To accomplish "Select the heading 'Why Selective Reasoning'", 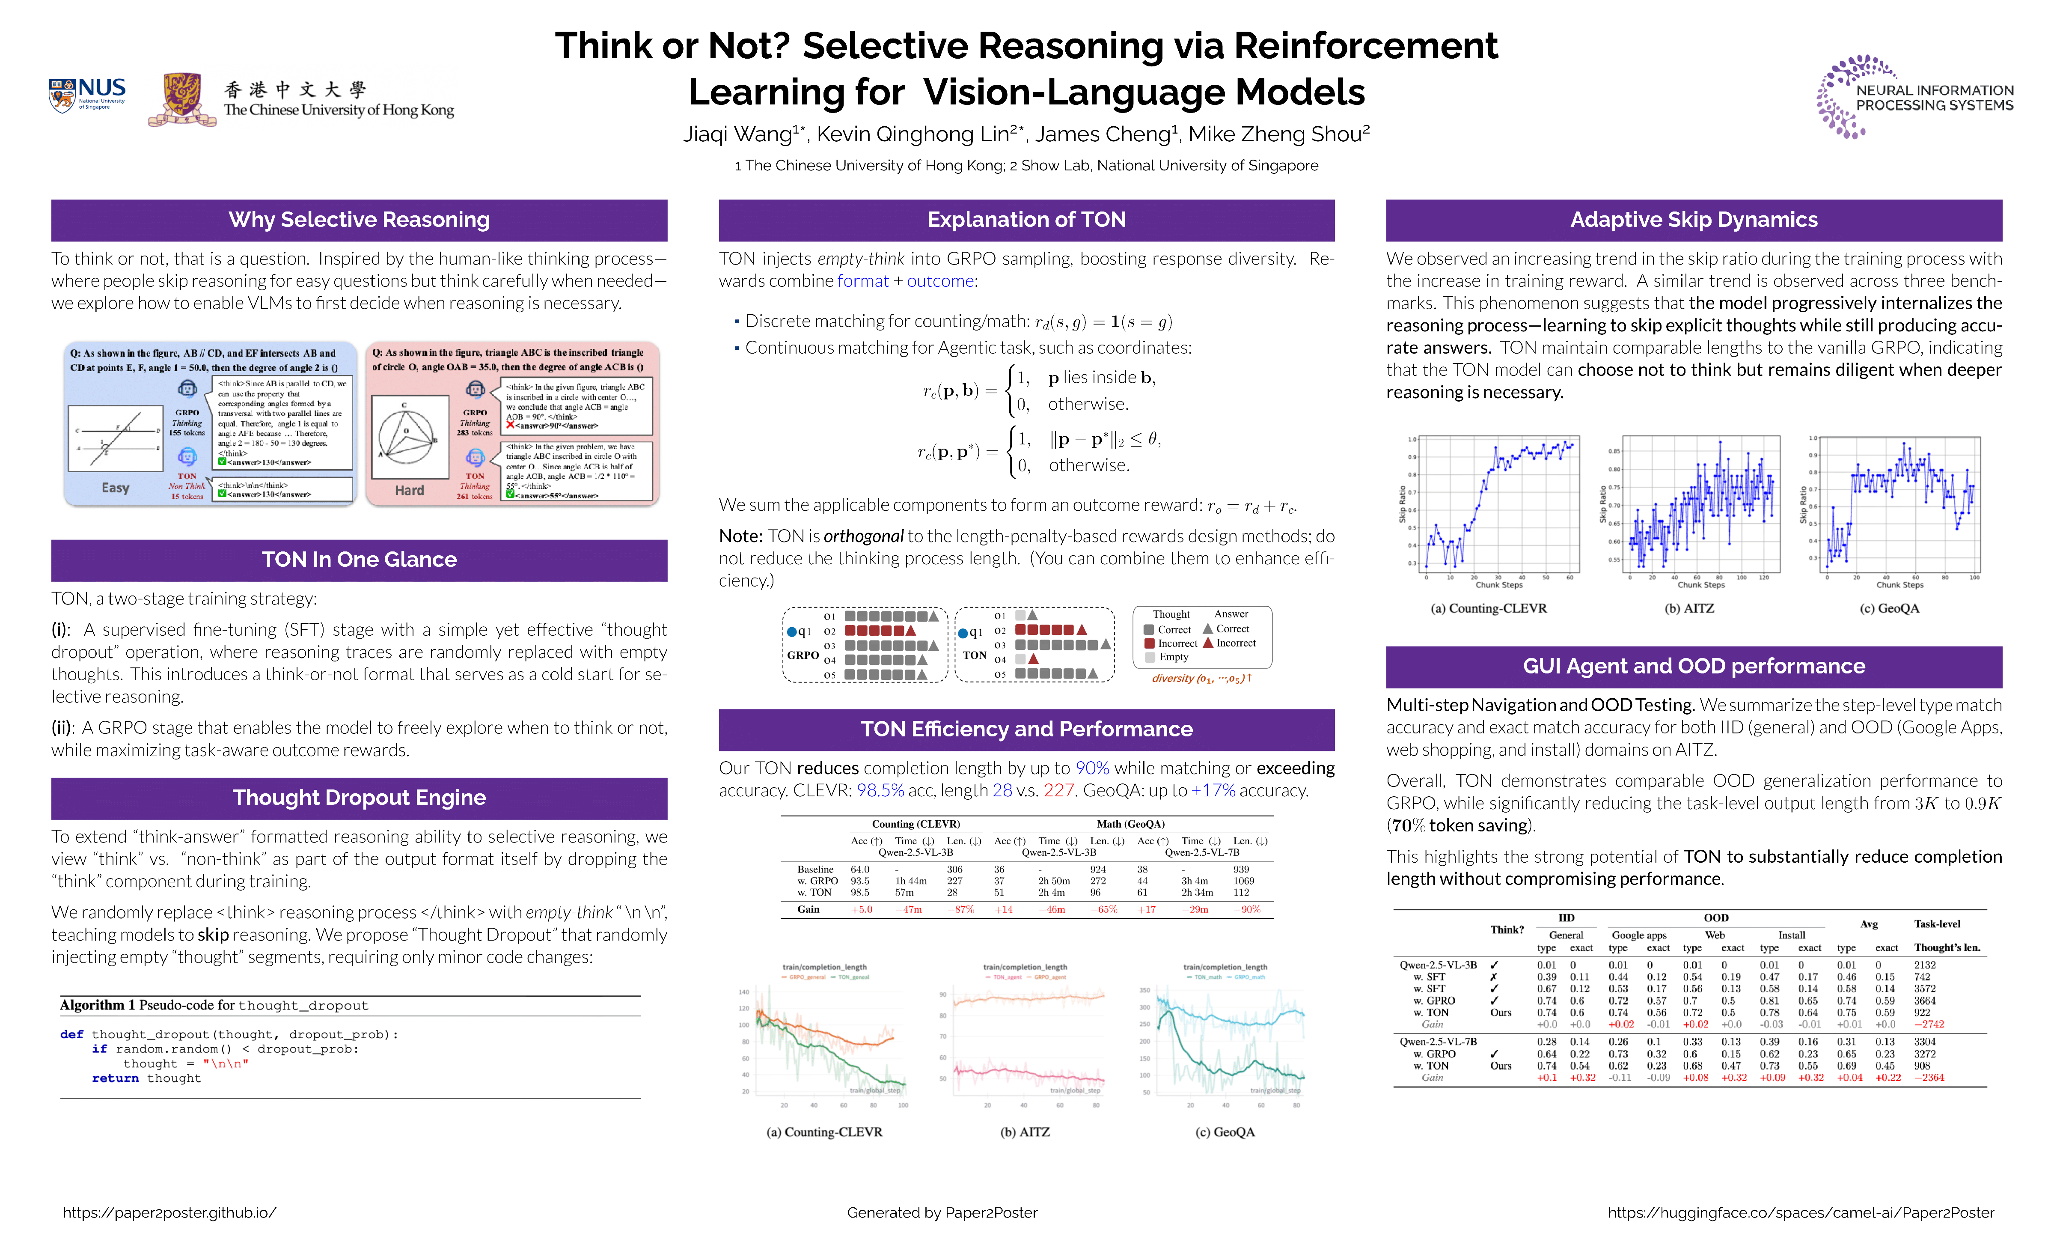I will pos(359,220).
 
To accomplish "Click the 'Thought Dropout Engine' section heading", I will pos(359,798).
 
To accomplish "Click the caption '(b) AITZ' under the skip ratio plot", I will pos(1688,608).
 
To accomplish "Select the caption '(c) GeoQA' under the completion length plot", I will pos(1224,1132).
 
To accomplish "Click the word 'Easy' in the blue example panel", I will pos(116,488).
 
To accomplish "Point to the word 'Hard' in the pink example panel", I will pos(409,490).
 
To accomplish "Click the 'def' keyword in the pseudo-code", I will pos(71,1034).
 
